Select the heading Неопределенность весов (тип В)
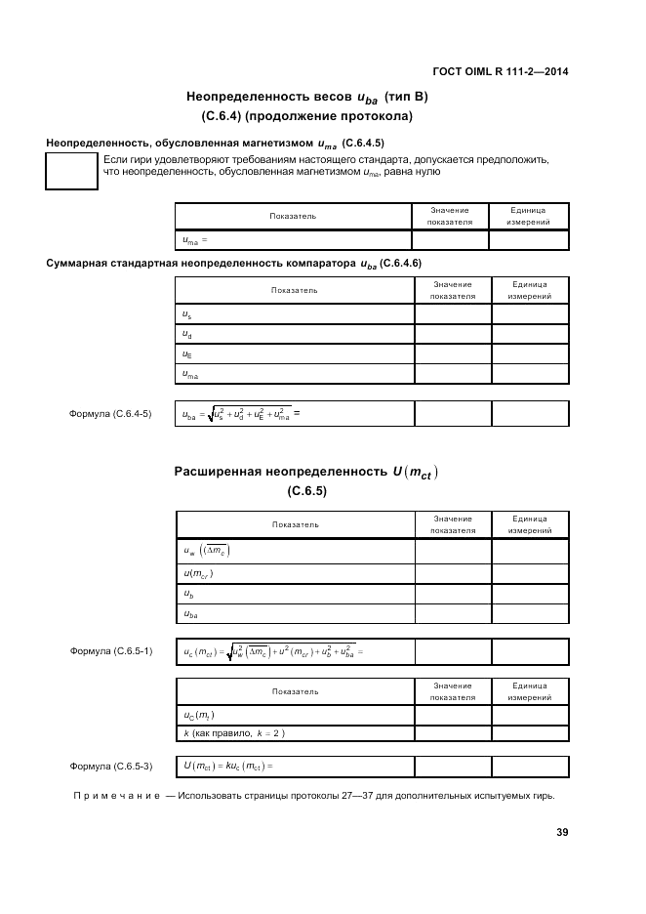[x=306, y=98]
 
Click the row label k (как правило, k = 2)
[x=234, y=733]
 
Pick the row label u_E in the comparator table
[x=187, y=354]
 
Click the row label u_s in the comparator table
[x=186, y=313]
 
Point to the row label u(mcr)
[x=198, y=573]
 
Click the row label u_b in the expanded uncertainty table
[x=187, y=594]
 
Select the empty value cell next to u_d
[x=453, y=334]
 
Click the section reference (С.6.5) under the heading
[x=306, y=491]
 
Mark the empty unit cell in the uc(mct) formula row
[x=528, y=651]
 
